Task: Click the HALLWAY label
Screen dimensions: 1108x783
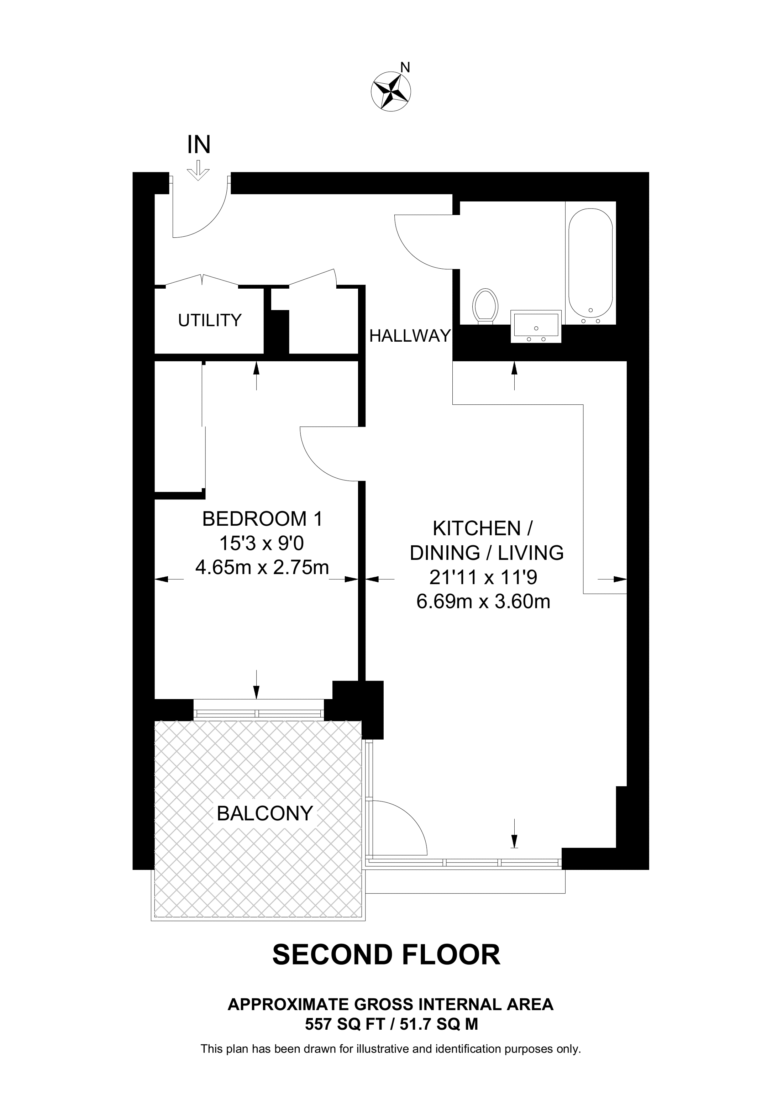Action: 410,335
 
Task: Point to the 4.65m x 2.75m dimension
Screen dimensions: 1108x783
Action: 262,567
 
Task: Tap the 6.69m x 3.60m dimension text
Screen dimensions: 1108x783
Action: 483,602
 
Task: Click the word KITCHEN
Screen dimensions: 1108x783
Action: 477,529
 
